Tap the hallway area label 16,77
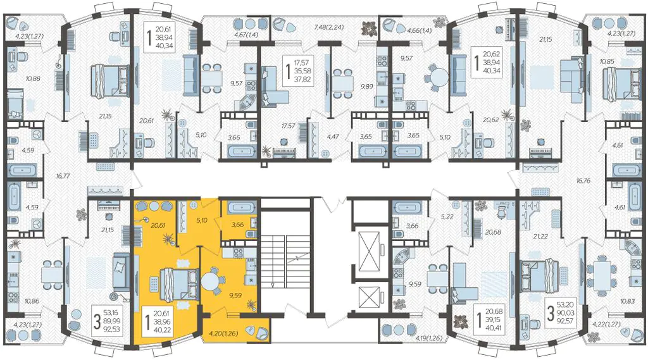(63, 176)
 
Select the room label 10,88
(33, 78)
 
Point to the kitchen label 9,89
(366, 87)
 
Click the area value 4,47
(333, 136)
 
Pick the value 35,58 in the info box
(302, 71)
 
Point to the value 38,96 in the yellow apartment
(162, 322)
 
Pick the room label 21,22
(540, 237)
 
